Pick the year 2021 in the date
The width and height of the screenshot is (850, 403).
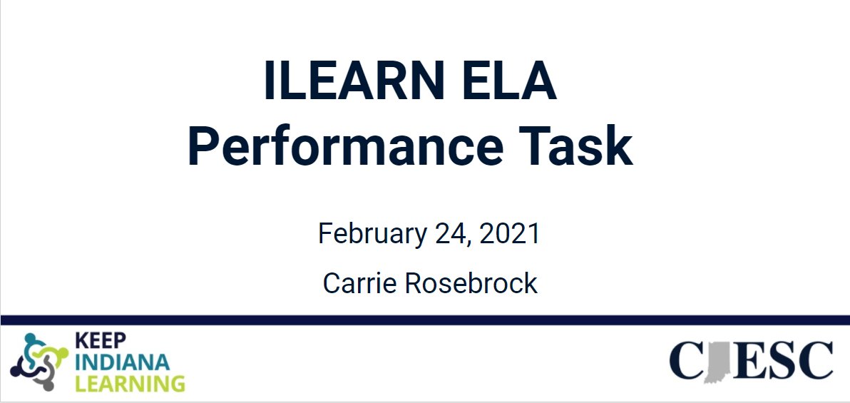(511, 234)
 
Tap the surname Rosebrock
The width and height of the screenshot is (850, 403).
(471, 284)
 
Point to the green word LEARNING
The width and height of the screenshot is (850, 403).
(130, 384)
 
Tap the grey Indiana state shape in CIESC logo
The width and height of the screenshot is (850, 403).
(714, 361)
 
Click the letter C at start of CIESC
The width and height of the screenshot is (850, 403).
(687, 361)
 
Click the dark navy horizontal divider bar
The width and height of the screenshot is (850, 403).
(425, 320)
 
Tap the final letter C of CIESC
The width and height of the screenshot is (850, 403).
(814, 361)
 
